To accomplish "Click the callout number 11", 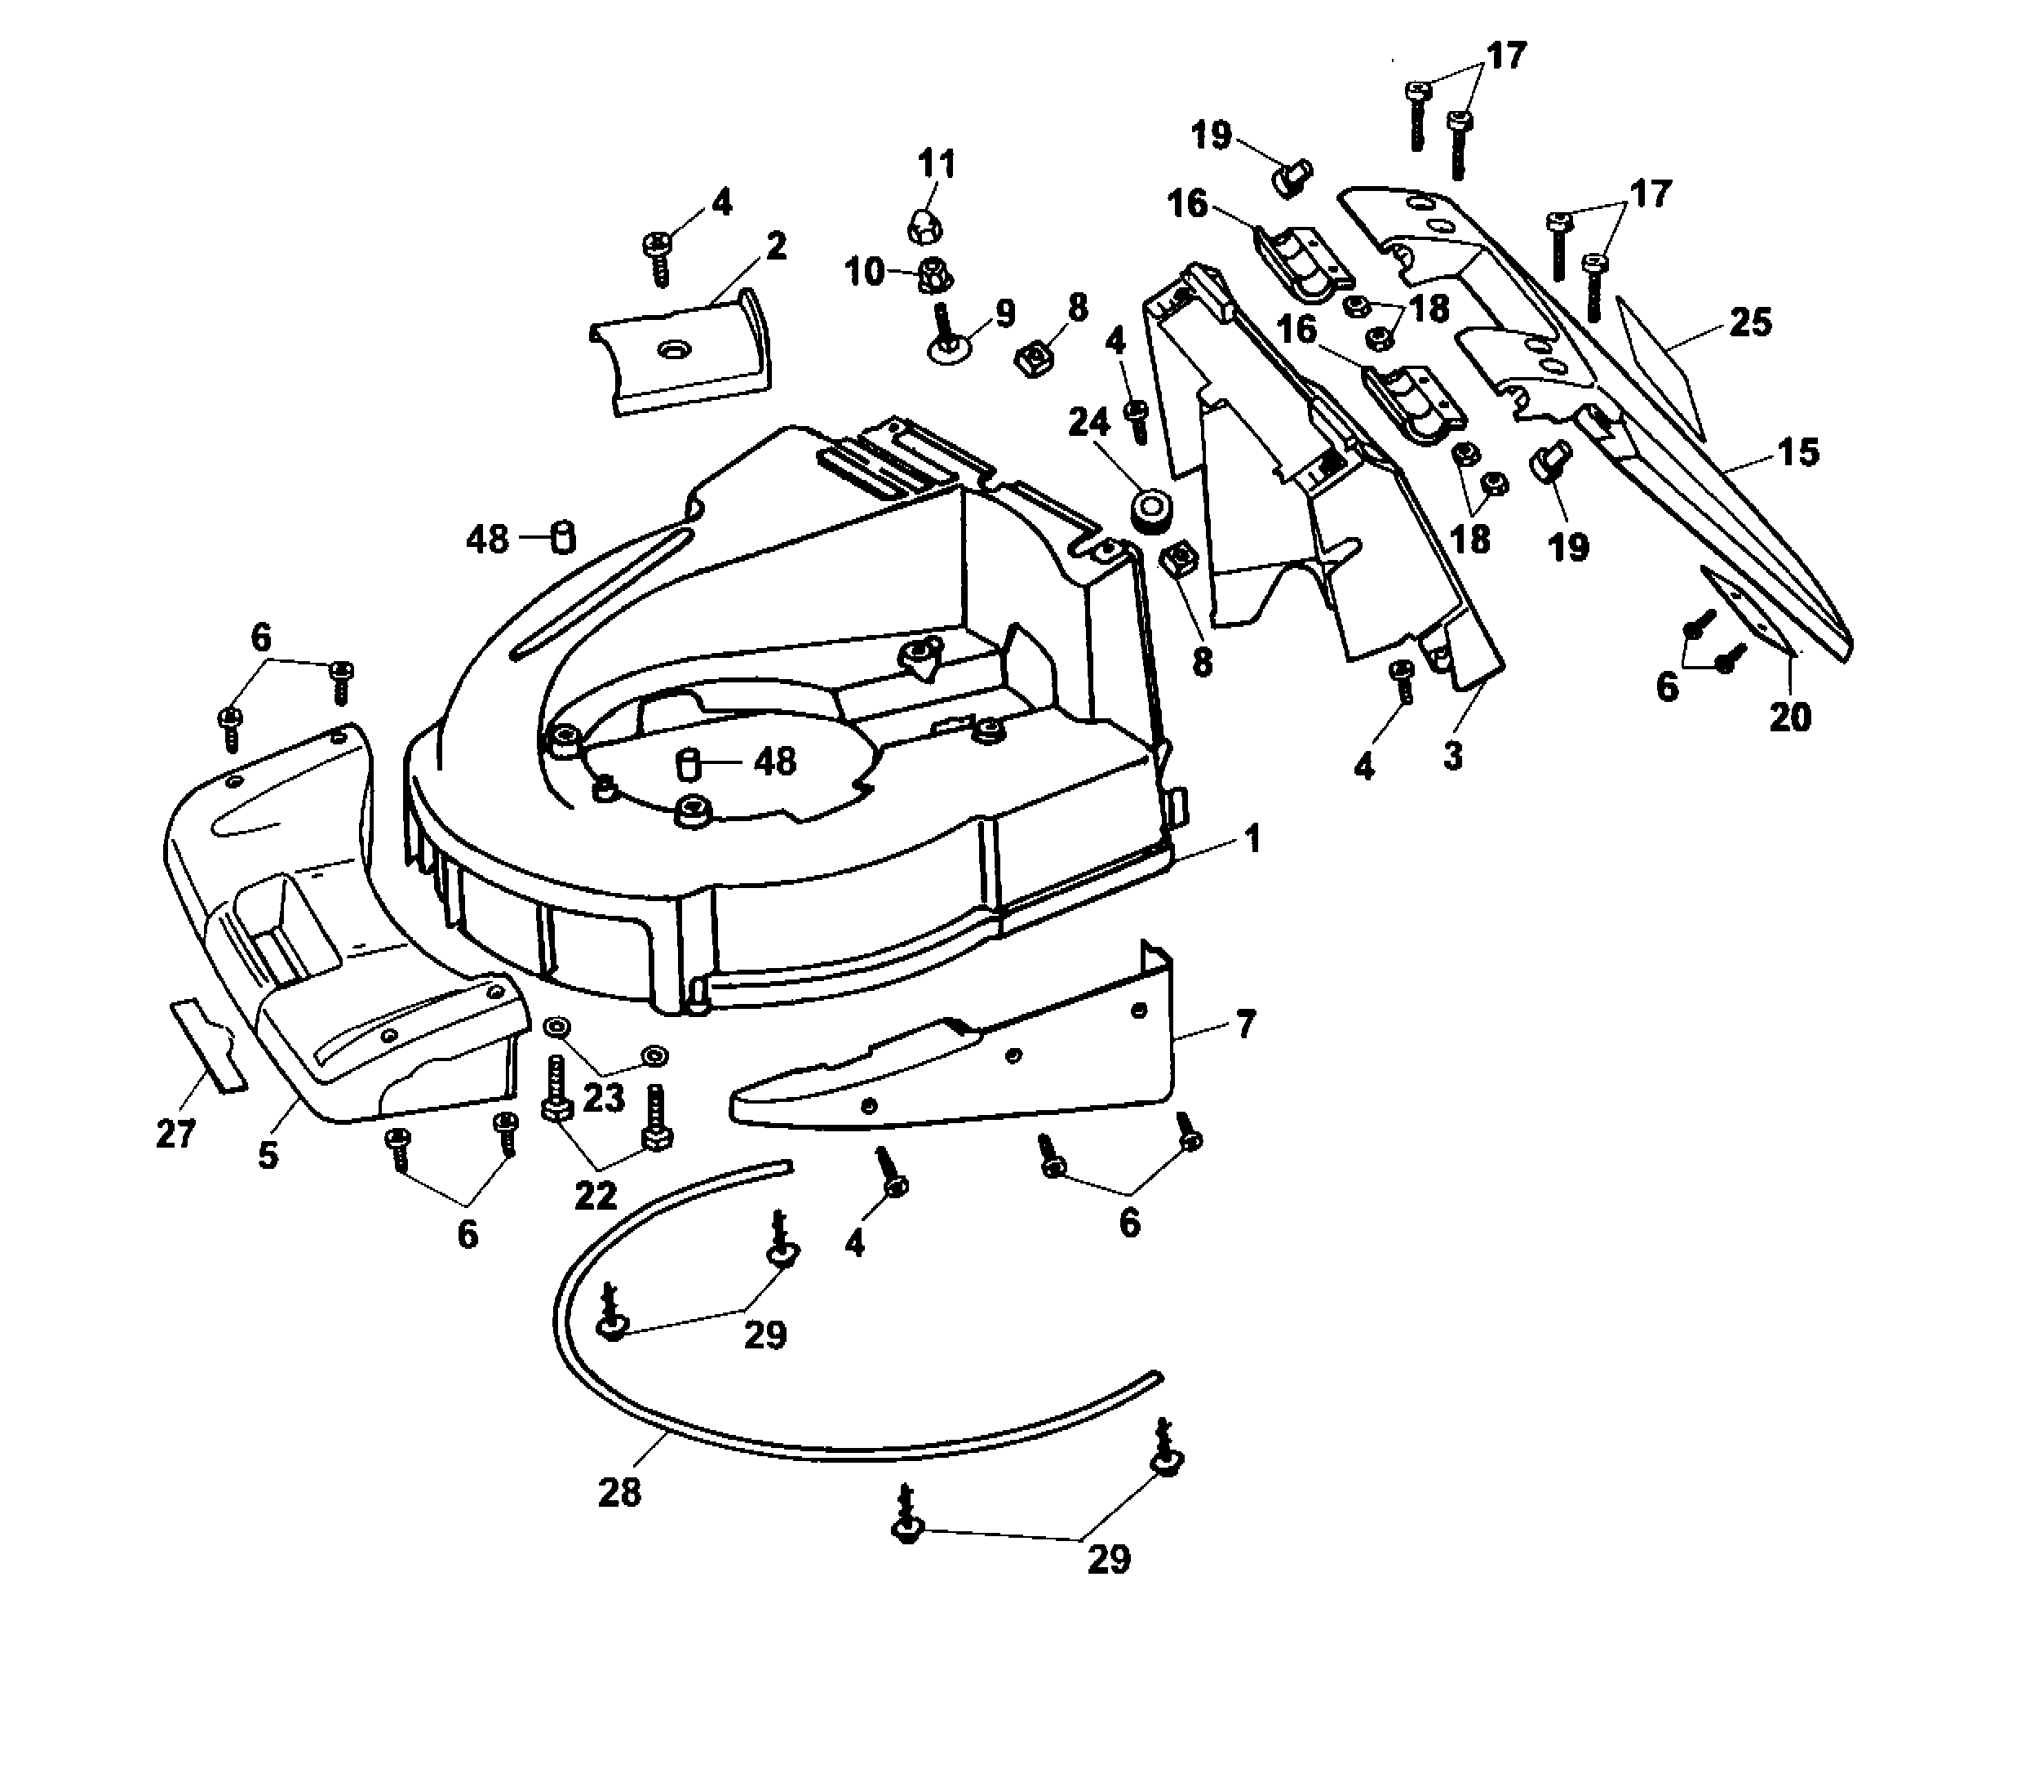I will [937, 163].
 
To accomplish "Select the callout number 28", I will [619, 1492].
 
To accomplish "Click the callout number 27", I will [176, 1135].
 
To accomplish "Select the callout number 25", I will [1750, 322].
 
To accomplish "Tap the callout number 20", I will [1789, 717].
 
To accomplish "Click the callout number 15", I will [1798, 452].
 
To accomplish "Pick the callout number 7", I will [1245, 1024].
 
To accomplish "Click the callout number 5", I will [268, 1155].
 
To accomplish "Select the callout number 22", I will [596, 1196].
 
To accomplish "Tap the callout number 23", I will [603, 1098].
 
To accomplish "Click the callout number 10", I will [864, 271].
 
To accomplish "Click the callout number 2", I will [776, 245].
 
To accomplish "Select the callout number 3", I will [1452, 757].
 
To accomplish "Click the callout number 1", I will [1252, 841].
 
